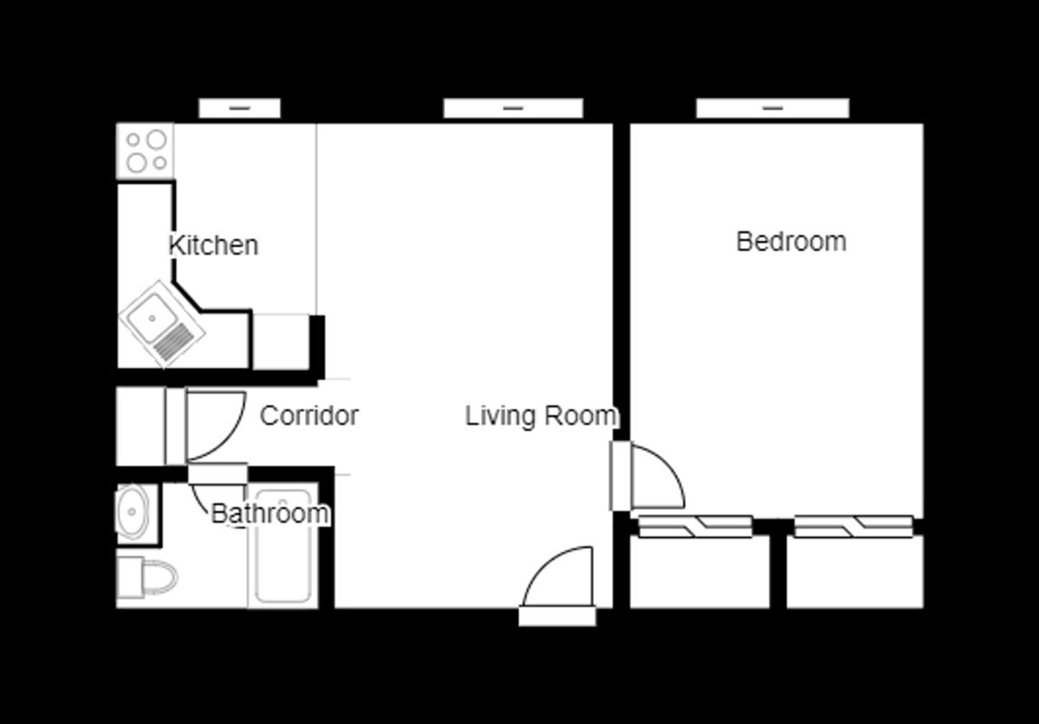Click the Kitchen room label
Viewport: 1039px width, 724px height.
[213, 245]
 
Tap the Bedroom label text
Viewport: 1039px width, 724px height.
[791, 242]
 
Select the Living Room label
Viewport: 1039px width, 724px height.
[541, 416]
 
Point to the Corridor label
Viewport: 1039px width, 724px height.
[309, 416]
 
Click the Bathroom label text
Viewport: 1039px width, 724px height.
[270, 514]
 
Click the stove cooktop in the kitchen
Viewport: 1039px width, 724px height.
[145, 151]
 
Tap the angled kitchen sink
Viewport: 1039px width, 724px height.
[162, 324]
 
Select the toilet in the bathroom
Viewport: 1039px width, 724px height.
[147, 578]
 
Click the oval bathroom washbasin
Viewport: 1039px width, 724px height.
[132, 512]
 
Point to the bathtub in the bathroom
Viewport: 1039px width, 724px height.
[283, 546]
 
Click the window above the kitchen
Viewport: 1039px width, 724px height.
[240, 108]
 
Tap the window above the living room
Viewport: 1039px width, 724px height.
[513, 108]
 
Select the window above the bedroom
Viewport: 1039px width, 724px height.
[772, 108]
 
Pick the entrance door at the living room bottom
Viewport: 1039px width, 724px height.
[558, 586]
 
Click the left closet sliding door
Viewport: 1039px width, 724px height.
[695, 527]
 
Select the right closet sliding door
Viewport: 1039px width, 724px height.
[854, 527]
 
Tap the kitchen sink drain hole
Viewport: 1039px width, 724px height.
[152, 318]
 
